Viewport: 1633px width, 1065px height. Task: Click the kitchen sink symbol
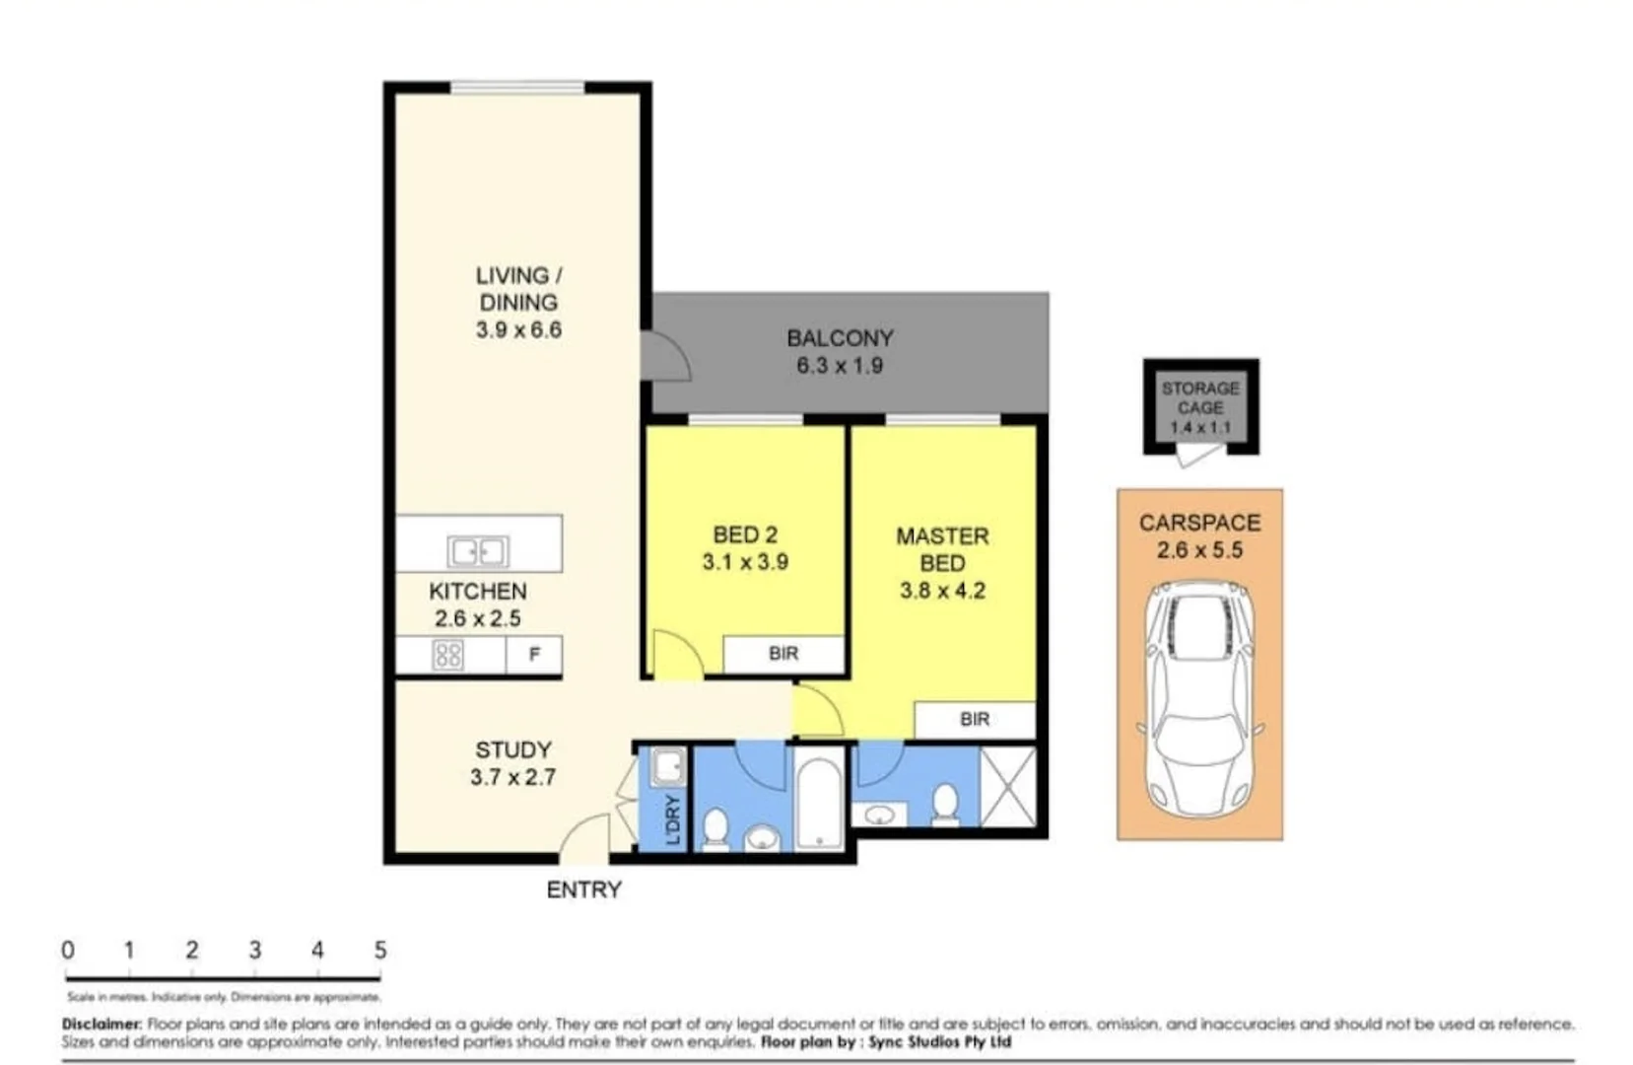(478, 550)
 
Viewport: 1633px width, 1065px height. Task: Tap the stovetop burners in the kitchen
(447, 655)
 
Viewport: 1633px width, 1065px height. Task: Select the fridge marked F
(534, 655)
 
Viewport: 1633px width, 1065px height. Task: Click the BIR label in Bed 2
(783, 654)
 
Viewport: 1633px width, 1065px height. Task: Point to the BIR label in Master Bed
(974, 720)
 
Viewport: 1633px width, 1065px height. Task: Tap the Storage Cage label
(1200, 398)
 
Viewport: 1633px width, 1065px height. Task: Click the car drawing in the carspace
(1199, 700)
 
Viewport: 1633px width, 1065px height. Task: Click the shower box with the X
(1008, 786)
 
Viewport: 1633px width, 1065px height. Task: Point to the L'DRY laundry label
(673, 819)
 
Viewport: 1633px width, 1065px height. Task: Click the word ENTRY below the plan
(583, 889)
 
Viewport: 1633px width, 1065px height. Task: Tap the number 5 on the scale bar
(380, 951)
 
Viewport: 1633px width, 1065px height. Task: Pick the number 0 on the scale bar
(67, 951)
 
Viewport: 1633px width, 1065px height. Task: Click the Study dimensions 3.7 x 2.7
(512, 777)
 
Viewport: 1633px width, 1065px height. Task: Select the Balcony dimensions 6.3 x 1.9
(840, 366)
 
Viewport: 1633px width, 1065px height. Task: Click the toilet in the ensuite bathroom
(945, 803)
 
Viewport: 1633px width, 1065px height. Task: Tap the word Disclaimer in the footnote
(102, 1025)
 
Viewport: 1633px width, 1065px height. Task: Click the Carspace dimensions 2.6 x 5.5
(1199, 550)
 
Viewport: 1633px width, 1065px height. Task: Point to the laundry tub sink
(667, 766)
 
